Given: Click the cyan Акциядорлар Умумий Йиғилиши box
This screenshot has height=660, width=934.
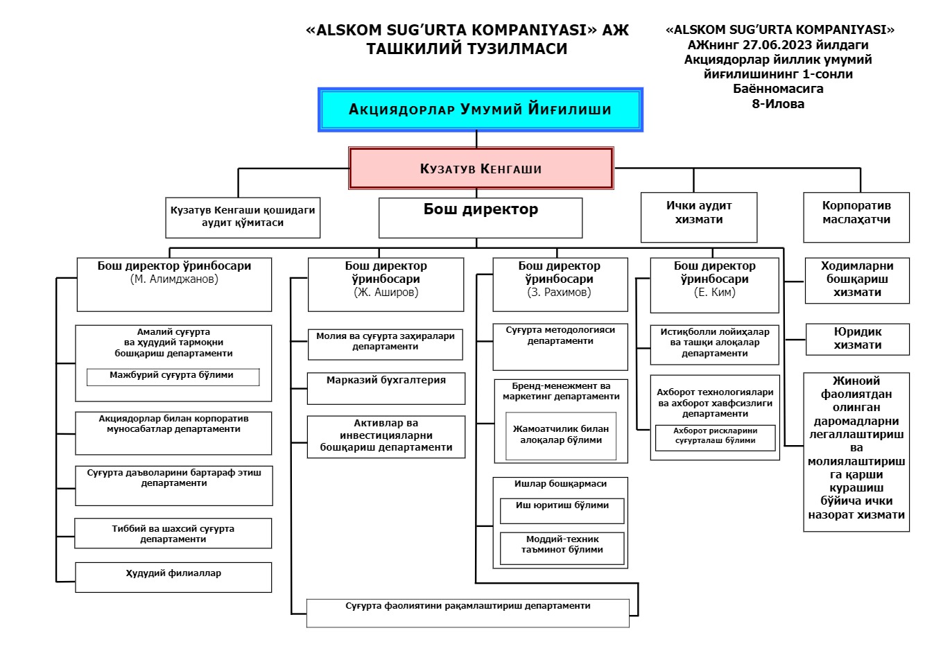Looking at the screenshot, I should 480,110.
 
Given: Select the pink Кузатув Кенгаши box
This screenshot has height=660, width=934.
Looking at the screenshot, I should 481,168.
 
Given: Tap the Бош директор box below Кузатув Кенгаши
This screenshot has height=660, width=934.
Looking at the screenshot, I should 481,218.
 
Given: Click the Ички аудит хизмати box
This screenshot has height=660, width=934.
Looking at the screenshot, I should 699,217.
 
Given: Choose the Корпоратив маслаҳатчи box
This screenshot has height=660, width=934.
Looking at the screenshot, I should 856,217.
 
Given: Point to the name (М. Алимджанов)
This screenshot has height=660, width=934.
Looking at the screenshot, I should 174,279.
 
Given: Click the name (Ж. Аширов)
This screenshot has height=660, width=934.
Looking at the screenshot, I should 386,293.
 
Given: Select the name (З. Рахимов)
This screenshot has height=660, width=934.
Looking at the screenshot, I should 560,293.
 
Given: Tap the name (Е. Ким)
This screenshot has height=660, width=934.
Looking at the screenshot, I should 715,293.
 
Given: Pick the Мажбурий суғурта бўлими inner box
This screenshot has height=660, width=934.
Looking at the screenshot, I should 173,376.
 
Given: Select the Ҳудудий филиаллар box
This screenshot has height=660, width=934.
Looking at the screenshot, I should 173,577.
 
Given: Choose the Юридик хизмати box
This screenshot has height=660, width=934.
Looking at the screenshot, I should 857,339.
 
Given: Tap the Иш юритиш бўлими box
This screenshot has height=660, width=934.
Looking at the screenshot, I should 562,511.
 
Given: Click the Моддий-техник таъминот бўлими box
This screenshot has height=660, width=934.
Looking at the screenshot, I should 562,548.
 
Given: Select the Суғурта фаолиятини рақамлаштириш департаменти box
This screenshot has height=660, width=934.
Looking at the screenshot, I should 468,613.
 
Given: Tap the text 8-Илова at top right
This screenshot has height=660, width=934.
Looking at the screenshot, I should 778,104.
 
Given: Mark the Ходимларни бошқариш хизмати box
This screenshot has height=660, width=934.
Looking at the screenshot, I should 857,279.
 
